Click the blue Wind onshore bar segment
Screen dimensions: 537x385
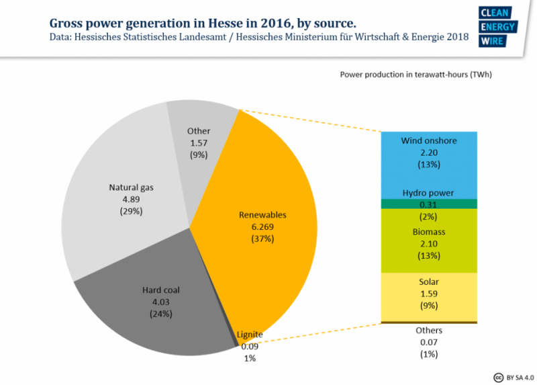click(429, 165)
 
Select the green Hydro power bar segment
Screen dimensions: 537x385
click(429, 204)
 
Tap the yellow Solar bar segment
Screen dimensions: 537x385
click(429, 297)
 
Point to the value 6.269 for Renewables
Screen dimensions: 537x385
click(262, 227)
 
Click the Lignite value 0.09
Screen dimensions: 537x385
click(250, 347)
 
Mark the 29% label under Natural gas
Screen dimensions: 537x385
click(131, 211)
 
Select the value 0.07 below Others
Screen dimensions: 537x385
click(429, 342)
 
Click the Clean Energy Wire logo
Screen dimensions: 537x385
click(497, 26)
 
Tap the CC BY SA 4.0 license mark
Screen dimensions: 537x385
click(514, 378)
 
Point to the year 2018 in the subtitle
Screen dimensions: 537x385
click(457, 37)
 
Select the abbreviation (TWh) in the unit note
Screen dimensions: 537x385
click(481, 75)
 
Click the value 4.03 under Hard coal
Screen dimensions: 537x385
click(161, 302)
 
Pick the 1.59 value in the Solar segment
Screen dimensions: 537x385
click(429, 294)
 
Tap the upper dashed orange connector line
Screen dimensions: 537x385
click(310, 121)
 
